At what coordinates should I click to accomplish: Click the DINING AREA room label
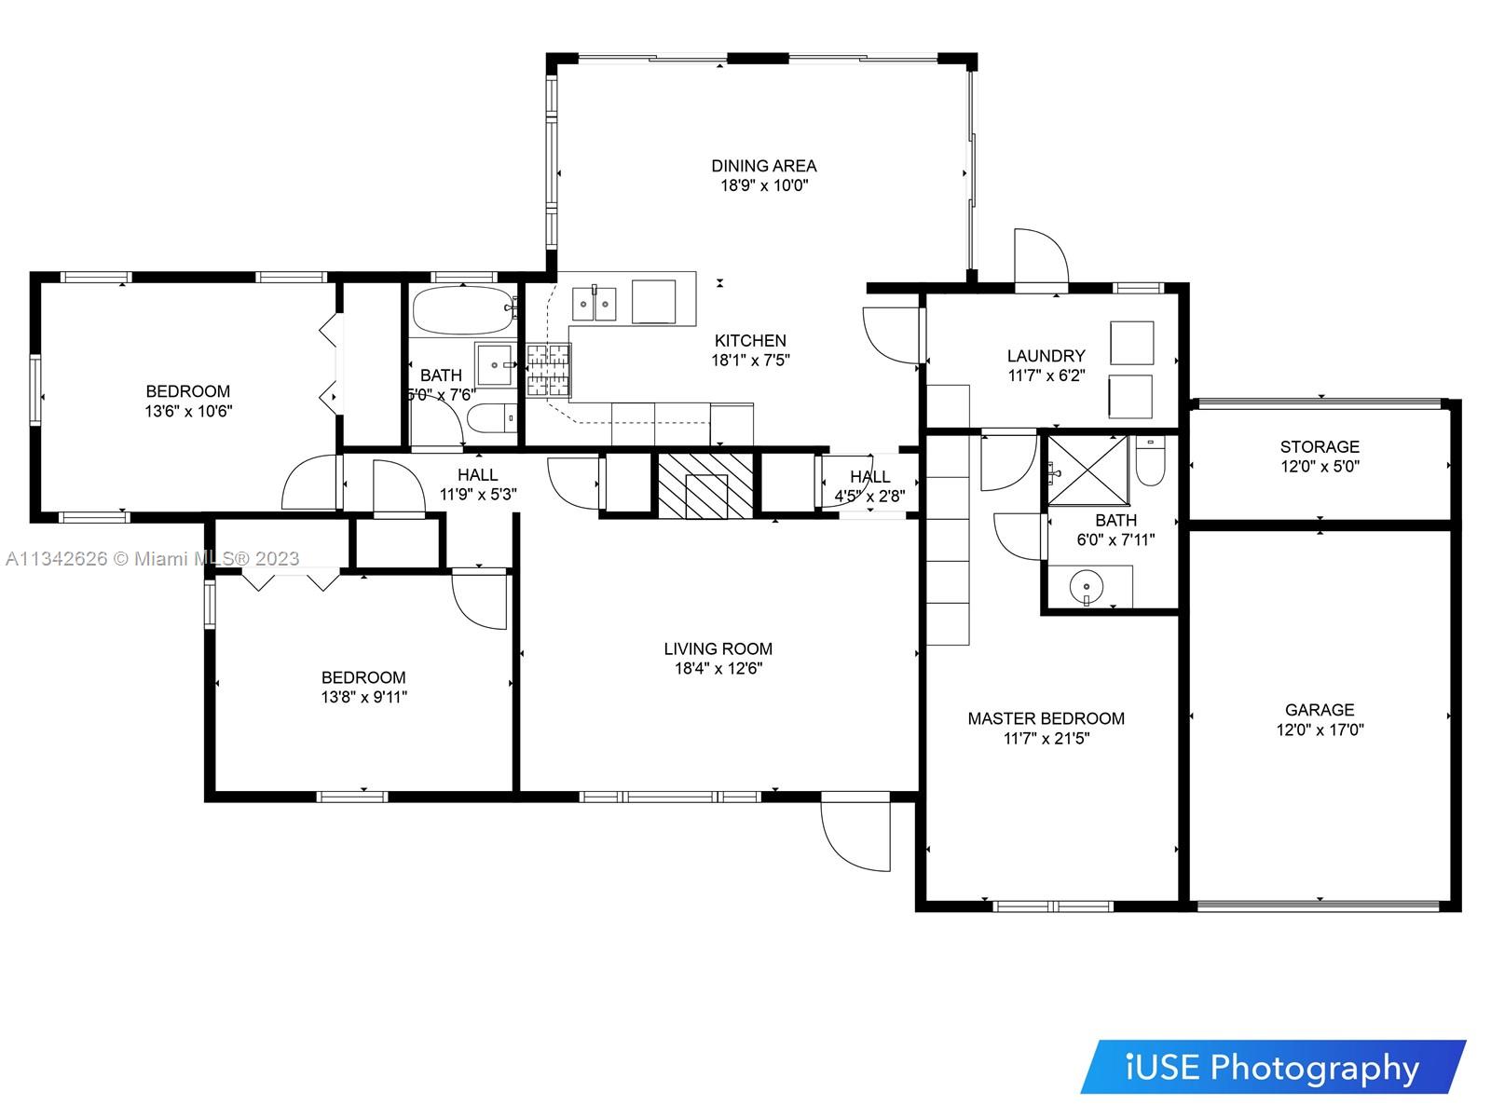coord(763,166)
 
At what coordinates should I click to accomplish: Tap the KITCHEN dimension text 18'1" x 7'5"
coord(750,360)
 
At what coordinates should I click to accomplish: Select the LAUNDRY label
coord(1046,356)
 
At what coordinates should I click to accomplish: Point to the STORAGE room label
coord(1320,446)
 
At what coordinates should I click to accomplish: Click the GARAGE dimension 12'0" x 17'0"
coord(1320,729)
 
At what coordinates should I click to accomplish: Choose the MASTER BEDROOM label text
coord(1046,718)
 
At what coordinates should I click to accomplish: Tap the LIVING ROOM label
coord(718,649)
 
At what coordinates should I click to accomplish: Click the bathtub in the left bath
coord(465,309)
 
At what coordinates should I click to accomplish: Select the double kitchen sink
coord(594,304)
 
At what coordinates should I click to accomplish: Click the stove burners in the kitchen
coord(548,371)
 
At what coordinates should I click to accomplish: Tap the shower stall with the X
coord(1087,470)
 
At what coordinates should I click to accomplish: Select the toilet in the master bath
coord(1150,460)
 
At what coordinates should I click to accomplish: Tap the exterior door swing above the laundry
coord(1041,256)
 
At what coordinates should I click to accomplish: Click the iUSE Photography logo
coord(1273,1068)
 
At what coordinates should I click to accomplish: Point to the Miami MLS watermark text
coord(152,559)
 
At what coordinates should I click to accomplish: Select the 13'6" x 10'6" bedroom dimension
coord(188,411)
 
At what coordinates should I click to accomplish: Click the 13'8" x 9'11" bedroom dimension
coord(363,697)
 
